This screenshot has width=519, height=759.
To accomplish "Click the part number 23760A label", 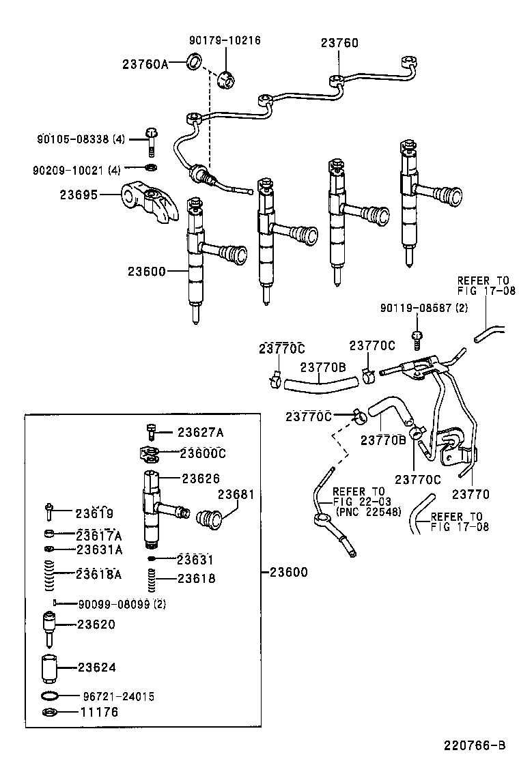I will click(145, 64).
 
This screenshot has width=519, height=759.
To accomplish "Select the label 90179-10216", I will click(225, 41).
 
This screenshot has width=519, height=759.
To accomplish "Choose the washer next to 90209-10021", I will click(151, 168).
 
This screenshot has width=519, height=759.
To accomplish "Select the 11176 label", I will click(100, 713).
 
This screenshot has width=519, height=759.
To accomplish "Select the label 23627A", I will click(201, 432).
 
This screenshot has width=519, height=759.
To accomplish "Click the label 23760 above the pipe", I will click(339, 43).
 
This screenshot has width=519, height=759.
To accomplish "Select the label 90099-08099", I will click(122, 604).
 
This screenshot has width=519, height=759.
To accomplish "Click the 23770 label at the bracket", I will click(471, 495).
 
